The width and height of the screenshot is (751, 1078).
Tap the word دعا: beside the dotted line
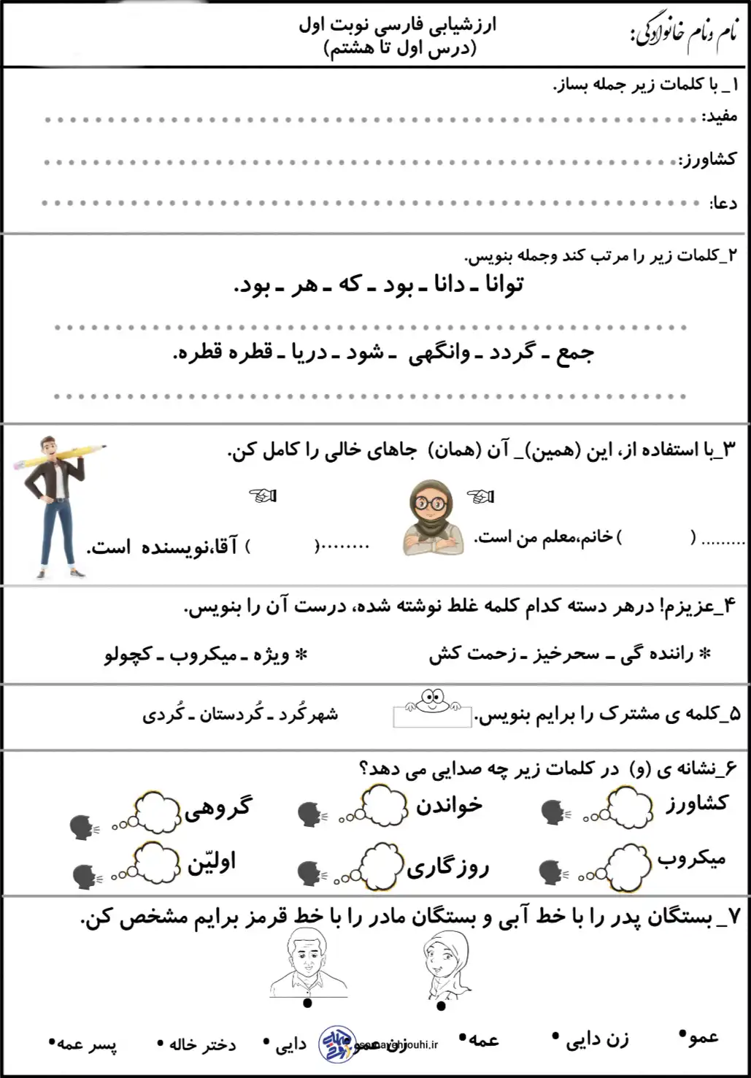click(x=724, y=203)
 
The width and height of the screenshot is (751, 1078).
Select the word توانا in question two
click(x=504, y=284)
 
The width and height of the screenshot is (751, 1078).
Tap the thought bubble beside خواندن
click(x=384, y=805)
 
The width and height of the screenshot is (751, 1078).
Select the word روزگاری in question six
click(x=447, y=867)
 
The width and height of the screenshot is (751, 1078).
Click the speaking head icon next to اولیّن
click(x=86, y=876)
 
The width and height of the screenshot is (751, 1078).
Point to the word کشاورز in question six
click(x=696, y=804)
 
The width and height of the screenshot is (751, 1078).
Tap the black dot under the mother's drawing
click(x=441, y=1006)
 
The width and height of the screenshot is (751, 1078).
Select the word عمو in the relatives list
click(x=703, y=1036)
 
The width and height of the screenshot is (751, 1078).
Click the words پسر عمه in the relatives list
click(x=86, y=1044)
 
